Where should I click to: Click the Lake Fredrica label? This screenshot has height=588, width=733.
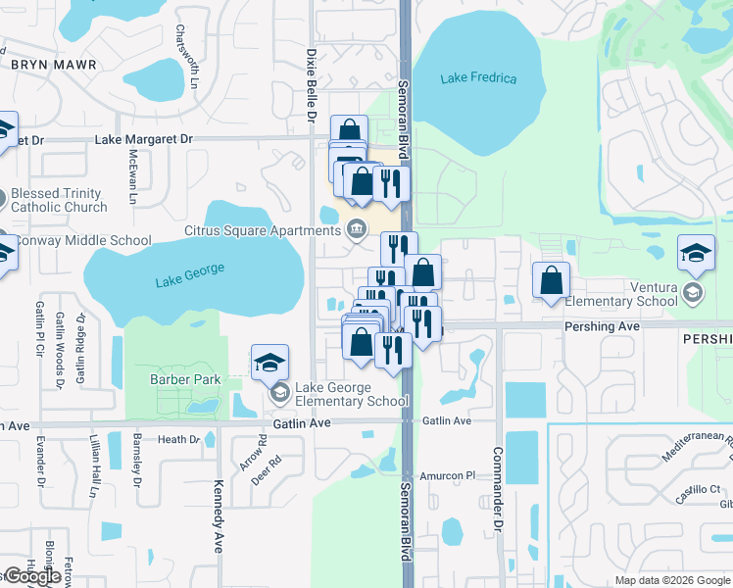(x=478, y=78)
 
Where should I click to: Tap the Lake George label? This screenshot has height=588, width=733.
(x=190, y=275)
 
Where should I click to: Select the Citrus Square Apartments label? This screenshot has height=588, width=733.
(x=262, y=230)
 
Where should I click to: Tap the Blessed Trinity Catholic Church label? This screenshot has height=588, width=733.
(x=59, y=201)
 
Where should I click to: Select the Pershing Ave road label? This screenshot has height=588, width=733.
(x=602, y=325)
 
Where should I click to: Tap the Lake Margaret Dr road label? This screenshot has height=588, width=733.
(x=144, y=139)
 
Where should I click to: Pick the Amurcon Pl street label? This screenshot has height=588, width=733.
(x=447, y=475)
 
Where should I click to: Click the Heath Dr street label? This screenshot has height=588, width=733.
(x=178, y=440)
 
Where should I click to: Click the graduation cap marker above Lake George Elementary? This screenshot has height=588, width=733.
(x=270, y=363)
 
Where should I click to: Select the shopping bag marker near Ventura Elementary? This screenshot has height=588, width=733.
(x=552, y=279)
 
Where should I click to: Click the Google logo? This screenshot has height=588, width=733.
(x=32, y=576)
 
